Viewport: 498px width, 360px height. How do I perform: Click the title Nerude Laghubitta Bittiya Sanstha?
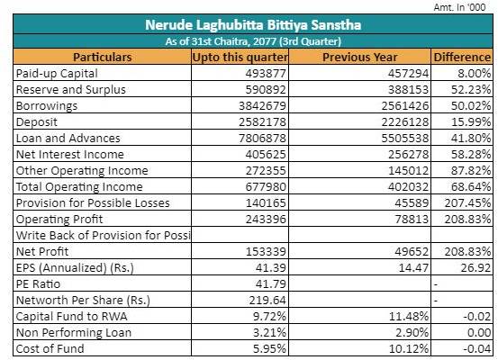[x=253, y=25]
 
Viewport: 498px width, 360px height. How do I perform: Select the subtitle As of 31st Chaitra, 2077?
[x=253, y=41]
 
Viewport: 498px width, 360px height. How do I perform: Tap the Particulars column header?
[x=103, y=57]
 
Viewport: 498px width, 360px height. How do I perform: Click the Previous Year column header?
[x=360, y=57]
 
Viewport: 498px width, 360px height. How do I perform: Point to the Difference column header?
[x=462, y=57]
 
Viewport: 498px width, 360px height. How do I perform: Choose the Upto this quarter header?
[x=240, y=57]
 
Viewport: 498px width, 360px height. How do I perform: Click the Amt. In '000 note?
[x=459, y=7]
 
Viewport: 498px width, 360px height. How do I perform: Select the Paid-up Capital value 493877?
[x=266, y=74]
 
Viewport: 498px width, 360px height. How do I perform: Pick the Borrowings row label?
[x=47, y=106]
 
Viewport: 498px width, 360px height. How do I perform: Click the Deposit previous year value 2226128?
[x=405, y=122]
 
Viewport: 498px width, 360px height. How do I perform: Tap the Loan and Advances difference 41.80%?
[x=471, y=139]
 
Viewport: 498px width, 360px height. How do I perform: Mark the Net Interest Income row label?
[x=70, y=155]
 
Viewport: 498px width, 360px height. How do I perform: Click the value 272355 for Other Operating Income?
[x=266, y=171]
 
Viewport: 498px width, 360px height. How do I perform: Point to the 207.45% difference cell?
[x=467, y=203]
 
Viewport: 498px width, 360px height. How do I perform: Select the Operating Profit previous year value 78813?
[x=412, y=220]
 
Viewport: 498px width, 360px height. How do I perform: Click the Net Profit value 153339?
[x=266, y=252]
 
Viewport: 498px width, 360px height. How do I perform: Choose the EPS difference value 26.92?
[x=475, y=268]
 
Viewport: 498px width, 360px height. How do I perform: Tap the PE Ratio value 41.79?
[x=270, y=284]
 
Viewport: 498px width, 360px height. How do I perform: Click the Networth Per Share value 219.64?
[x=267, y=301]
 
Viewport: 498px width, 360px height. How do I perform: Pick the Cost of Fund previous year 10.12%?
[x=409, y=349]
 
